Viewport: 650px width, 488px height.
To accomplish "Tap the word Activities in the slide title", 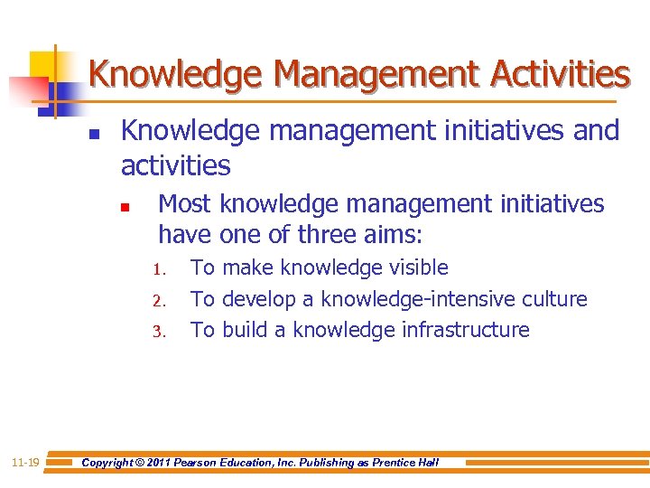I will (556, 73).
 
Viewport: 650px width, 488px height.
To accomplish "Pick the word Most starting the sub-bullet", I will (185, 204).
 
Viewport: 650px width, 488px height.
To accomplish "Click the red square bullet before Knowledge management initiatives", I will (94, 137).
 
